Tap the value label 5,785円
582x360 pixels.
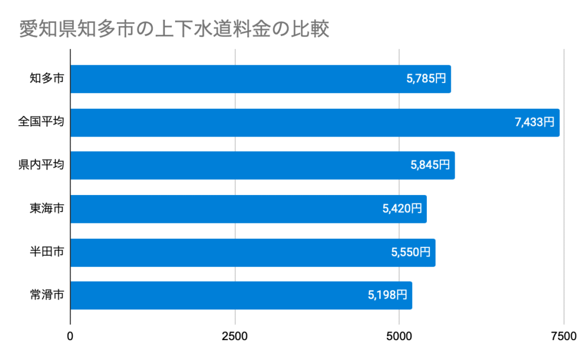pos(426,79)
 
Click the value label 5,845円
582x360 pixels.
pos(430,165)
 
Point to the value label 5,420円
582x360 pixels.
pos(402,209)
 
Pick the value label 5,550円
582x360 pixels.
pos(411,253)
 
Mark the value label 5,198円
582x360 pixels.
pos(388,295)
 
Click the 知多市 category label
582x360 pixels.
pos(47,79)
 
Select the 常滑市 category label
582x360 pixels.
pos(47,295)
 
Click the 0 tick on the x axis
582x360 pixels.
pos(70,336)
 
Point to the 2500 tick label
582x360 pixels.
pos(235,336)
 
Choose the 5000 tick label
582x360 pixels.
pos(399,336)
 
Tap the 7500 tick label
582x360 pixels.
pos(563,336)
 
